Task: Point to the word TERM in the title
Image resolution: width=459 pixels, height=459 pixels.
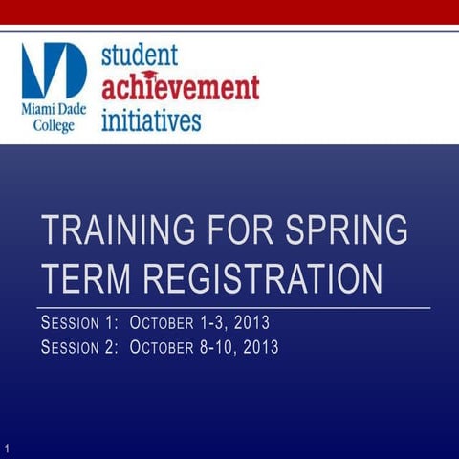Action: (80, 279)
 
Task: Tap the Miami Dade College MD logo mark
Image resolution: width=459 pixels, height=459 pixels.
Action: (55, 71)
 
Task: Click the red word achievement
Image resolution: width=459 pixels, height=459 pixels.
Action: (181, 89)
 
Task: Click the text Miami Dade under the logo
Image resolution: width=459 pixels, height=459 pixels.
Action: (54, 110)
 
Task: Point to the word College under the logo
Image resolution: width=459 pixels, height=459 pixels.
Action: (55, 126)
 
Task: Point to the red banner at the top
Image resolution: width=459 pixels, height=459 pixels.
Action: (229, 12)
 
